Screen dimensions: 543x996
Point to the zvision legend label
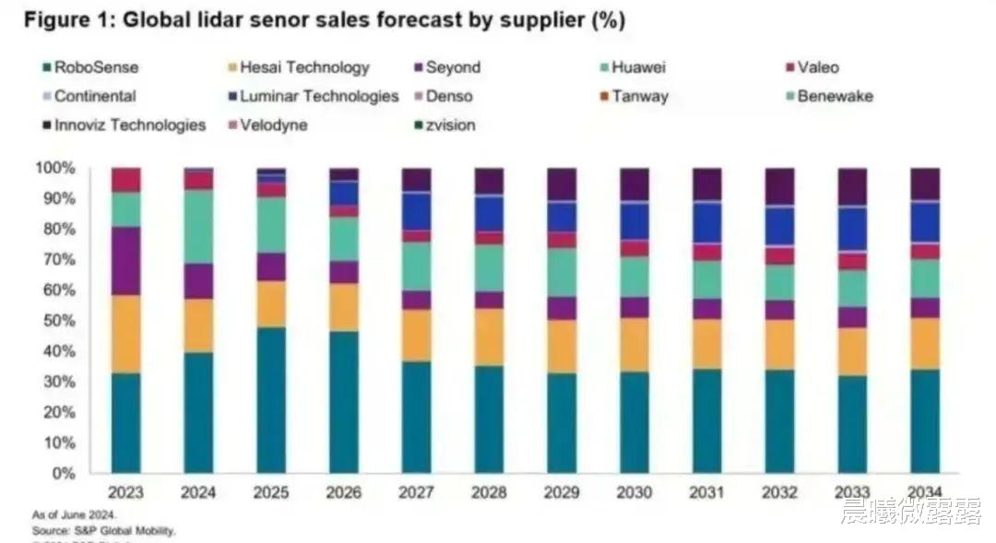449,125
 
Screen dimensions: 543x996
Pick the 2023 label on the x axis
126,493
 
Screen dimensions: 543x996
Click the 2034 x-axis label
925,493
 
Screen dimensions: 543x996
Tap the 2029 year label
562,493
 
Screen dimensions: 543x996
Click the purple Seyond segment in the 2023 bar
126,261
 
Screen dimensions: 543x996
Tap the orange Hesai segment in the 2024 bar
198,325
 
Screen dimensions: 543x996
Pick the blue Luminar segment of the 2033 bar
852,229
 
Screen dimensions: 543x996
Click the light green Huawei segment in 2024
198,227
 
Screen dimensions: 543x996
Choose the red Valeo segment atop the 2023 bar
126,180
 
